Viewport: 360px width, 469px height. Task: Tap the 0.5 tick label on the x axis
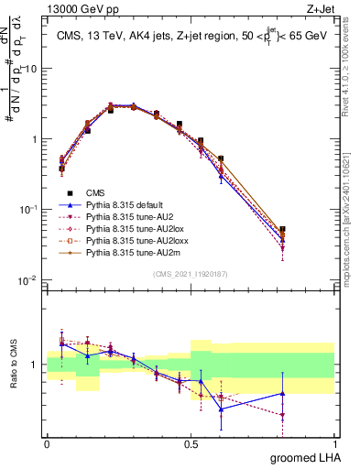click(x=191, y=443)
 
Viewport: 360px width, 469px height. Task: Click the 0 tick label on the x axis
click(x=47, y=443)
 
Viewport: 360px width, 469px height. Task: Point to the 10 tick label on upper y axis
click(x=31, y=70)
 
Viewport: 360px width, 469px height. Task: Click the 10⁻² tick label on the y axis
click(x=29, y=280)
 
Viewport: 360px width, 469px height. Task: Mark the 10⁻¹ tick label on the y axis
click(x=29, y=210)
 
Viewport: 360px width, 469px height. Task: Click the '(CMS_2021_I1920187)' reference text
click(x=190, y=273)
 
